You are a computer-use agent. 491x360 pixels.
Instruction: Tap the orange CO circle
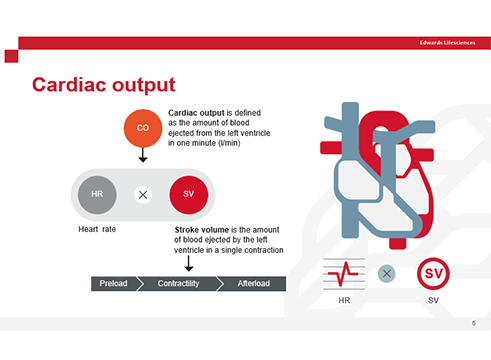click(143, 128)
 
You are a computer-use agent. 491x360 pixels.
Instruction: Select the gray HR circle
click(97, 192)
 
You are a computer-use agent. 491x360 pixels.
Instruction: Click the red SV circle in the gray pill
click(188, 192)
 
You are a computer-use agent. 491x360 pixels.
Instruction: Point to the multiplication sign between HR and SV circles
click(143, 193)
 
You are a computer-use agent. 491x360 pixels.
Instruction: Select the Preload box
click(113, 284)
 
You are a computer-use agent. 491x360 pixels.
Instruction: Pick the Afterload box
click(253, 284)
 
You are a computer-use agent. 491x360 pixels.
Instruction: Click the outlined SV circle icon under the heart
click(432, 273)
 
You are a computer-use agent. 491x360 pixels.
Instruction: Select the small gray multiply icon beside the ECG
click(387, 273)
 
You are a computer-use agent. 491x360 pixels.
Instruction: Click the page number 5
click(473, 324)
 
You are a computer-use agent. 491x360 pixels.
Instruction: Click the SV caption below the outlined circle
click(432, 299)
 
